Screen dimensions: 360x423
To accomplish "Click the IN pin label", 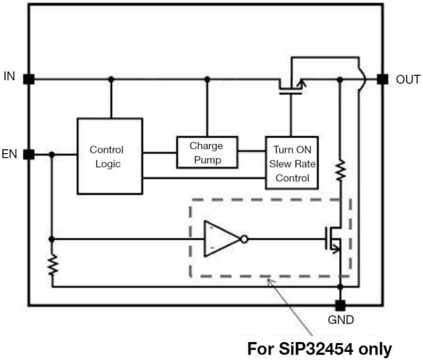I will click(x=9, y=76).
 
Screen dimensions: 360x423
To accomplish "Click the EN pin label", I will click(x=9, y=154).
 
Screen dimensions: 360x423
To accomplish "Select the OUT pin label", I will click(x=408, y=80).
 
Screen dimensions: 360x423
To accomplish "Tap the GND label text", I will click(x=340, y=320).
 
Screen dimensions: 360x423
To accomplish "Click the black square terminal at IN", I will click(x=28, y=79).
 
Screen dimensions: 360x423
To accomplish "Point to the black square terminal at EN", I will click(x=28, y=154).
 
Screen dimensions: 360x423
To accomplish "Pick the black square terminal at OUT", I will click(x=383, y=79).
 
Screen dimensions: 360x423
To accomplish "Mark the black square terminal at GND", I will click(x=340, y=305).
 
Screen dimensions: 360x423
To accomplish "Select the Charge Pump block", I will click(x=206, y=153).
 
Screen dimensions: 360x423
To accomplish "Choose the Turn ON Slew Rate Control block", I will click(x=292, y=163).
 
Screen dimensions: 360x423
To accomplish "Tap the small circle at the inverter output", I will click(x=244, y=239).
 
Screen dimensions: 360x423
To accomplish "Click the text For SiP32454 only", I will click(x=320, y=347).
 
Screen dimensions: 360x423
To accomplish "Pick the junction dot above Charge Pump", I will click(x=207, y=79).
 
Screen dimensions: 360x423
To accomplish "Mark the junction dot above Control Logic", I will click(x=111, y=79).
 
